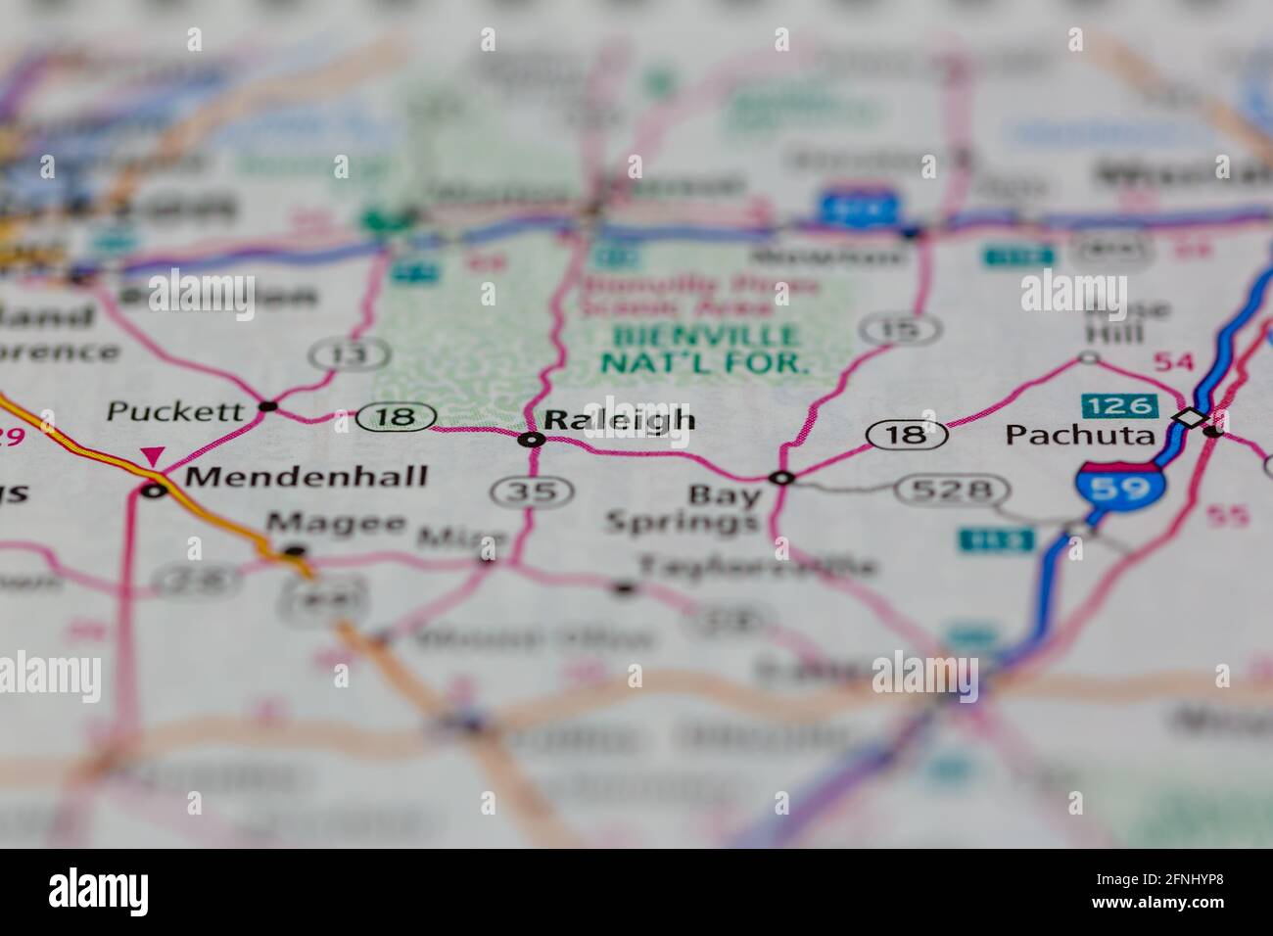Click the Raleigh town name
619,420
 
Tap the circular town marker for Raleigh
531,440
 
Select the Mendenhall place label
306,477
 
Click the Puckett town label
174,411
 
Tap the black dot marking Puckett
266,405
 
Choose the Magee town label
337,524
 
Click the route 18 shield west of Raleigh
396,418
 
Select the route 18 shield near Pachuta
908,434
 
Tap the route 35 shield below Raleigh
533,491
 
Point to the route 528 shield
951,490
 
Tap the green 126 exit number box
1119,405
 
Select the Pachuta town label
1080,435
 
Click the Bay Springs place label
684,509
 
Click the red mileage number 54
1173,362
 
